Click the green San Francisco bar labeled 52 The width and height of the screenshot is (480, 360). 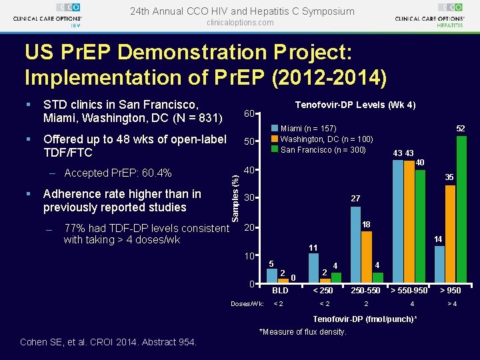point(461,209)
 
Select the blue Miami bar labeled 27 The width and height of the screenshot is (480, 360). point(355,245)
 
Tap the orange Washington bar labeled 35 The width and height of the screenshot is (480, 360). point(450,234)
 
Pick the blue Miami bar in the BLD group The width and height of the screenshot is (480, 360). point(272,276)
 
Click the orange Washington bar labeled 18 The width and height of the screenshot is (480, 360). point(367,257)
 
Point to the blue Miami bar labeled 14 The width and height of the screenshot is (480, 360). point(439,265)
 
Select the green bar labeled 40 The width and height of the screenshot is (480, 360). point(420,227)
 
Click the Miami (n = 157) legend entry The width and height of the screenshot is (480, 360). point(304,128)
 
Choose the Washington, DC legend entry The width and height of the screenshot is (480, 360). point(322,139)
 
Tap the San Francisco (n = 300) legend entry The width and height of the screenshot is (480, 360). point(319,150)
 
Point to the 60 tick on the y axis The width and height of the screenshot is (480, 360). point(249,113)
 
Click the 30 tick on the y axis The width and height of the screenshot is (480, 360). point(249,198)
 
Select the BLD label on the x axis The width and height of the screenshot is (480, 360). point(280,290)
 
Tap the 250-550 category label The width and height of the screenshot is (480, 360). point(365,290)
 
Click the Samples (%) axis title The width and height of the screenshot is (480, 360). point(235,199)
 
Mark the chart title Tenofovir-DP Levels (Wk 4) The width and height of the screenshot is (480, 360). point(355,105)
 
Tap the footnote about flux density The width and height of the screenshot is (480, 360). point(303,332)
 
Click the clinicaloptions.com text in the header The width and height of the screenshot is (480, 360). point(240,23)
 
